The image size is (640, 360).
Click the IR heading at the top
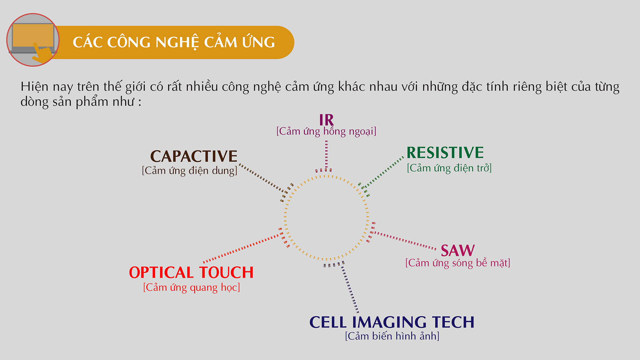coord(326,120)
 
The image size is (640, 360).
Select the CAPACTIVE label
coord(194,156)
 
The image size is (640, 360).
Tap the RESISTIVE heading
coord(445,153)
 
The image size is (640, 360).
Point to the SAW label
coord(458,250)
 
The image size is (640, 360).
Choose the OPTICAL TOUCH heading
coord(191,272)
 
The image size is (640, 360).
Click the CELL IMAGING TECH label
coord(392,322)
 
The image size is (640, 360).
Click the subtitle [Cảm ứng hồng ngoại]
coord(326,131)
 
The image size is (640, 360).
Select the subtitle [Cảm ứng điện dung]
coord(190,171)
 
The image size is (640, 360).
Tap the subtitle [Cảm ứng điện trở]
coord(449,168)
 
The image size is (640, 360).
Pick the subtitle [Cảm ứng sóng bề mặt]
coord(458,263)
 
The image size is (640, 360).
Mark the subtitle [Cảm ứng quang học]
coord(192,287)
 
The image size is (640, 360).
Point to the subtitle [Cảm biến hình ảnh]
coord(392,336)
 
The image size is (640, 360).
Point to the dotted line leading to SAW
coord(405,240)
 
